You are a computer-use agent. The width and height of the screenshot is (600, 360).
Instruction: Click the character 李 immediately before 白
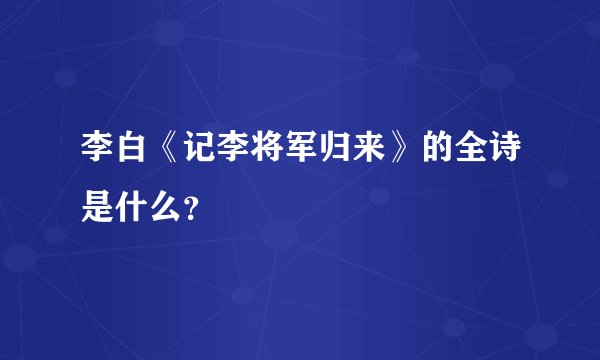click(99, 154)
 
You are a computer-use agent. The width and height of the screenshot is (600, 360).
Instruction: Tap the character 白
click(134, 154)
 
